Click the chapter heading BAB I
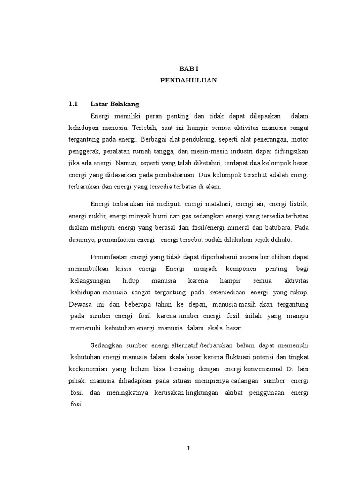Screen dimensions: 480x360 coord(188,68)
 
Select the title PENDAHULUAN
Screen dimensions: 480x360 coord(188,80)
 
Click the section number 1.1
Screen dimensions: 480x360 coord(74,104)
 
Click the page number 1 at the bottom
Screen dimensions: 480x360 coord(188,448)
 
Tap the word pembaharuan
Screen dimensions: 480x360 coord(172,175)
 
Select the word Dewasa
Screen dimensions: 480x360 coord(80,304)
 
